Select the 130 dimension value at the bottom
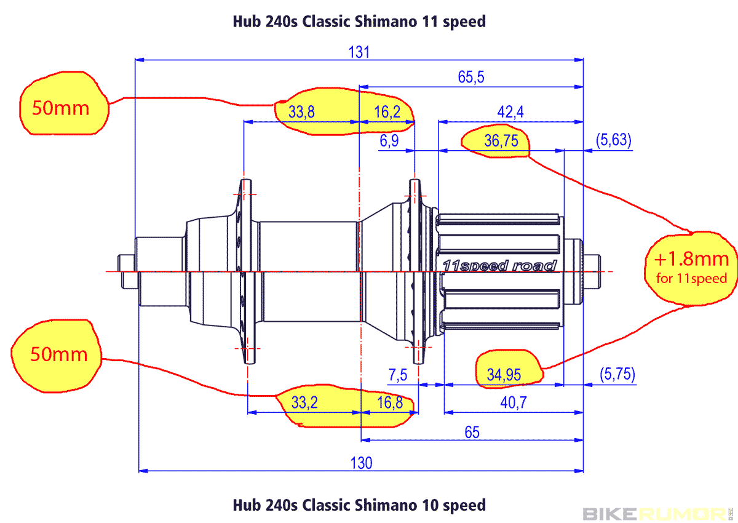pos(361,463)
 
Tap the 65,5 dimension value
pos(472,77)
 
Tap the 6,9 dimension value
pos(389,141)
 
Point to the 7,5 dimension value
pos(398,375)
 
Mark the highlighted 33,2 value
pos(304,403)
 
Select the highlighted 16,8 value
pos(389,403)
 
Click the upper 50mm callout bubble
pos(60,108)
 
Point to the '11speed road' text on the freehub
pos(499,265)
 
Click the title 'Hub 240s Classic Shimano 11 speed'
pos(359,21)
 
